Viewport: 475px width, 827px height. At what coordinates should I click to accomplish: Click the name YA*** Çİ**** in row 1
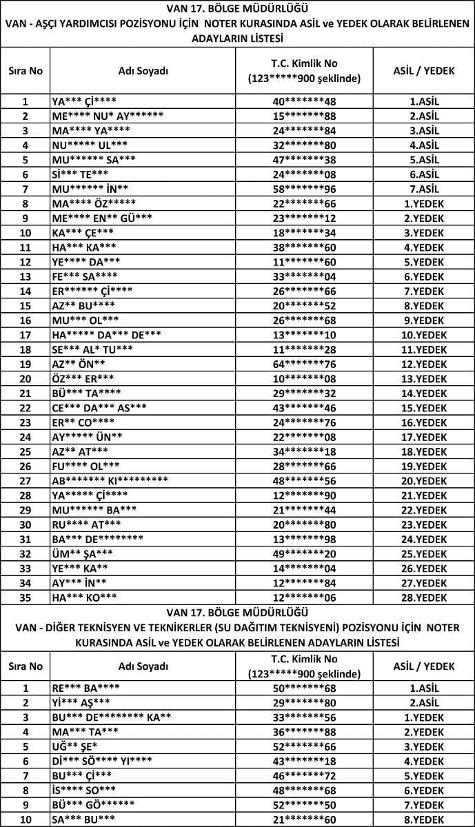(x=84, y=101)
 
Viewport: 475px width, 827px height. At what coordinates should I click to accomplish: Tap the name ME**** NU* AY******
(x=108, y=116)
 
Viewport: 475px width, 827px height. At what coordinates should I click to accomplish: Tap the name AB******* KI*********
(x=110, y=480)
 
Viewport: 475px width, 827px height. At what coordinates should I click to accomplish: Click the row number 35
(x=26, y=597)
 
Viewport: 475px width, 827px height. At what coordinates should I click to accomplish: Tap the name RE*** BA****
(x=85, y=688)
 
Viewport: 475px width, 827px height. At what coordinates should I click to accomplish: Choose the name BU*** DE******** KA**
(x=111, y=717)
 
